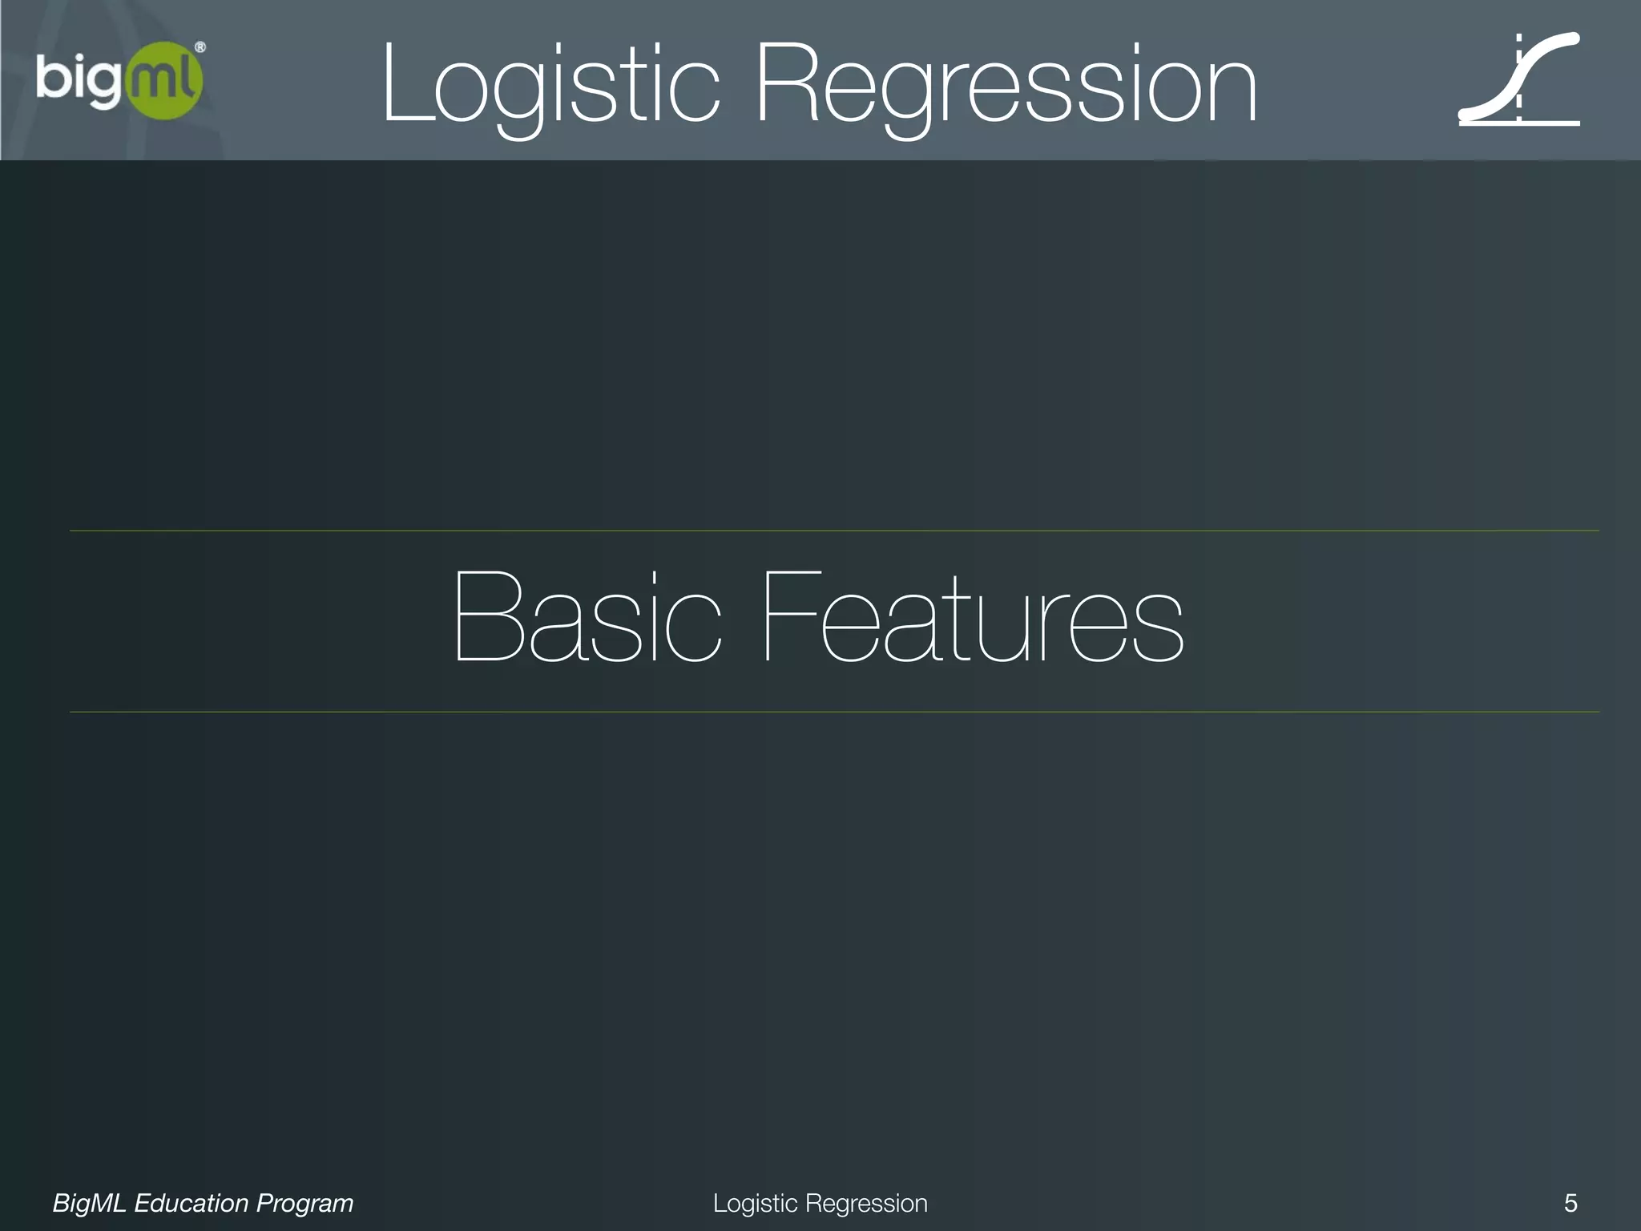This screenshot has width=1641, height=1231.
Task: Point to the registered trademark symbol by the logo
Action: pos(200,48)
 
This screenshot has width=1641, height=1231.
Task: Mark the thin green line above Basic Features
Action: pos(833,531)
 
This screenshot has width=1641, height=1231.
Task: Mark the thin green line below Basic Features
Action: pos(833,712)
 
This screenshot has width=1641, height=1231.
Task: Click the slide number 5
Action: pos(1570,1203)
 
